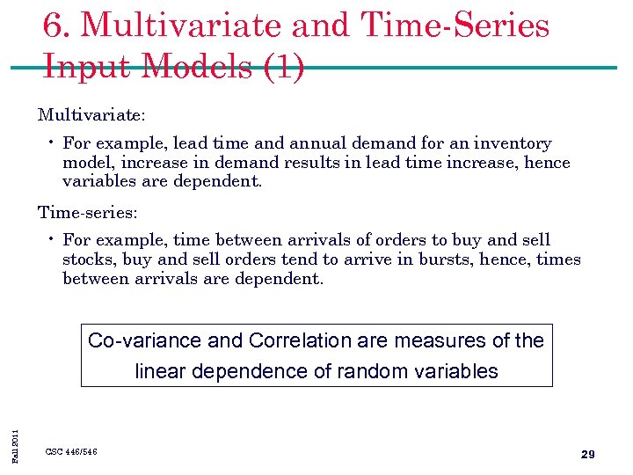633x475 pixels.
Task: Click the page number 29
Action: pos(588,455)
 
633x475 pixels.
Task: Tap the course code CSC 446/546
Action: pos(71,452)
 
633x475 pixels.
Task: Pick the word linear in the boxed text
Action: pos(161,372)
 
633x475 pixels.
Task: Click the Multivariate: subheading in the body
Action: pos(91,115)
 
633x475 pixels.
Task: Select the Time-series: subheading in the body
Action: pos(87,213)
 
